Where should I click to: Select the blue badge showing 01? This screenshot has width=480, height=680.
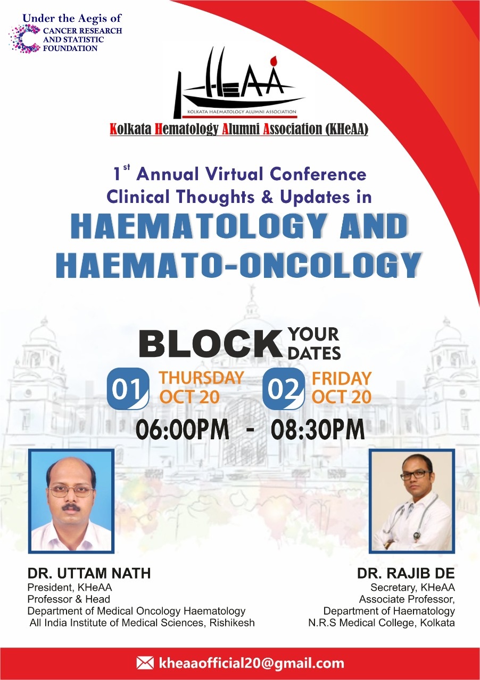[128, 389]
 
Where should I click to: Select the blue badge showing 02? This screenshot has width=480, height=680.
[284, 389]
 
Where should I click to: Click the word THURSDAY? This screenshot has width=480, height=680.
[202, 378]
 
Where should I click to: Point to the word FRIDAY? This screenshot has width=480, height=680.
[342, 379]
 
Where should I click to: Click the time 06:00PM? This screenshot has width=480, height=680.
[183, 429]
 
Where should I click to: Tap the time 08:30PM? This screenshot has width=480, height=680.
[318, 429]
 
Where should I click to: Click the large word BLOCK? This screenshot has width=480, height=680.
[210, 344]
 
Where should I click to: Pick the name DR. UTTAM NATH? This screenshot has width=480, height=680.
[89, 573]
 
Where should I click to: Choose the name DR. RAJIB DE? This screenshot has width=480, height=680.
[406, 573]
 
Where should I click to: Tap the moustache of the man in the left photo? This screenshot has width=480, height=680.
[71, 507]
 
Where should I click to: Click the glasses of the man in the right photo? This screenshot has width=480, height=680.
[416, 475]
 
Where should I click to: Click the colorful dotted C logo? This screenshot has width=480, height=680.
[25, 39]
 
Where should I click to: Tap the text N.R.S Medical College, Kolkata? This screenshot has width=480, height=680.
[382, 623]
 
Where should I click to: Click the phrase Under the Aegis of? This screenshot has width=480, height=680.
[72, 19]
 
